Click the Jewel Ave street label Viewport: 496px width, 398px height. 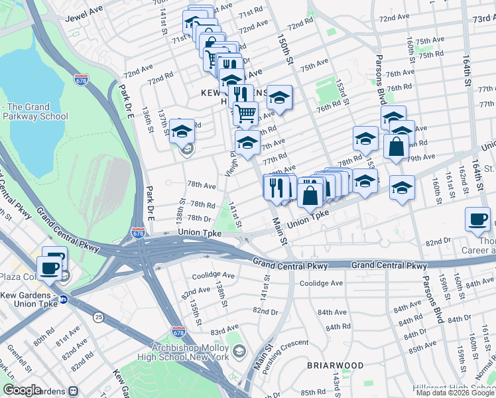84,14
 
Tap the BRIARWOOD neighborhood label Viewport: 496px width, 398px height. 335,365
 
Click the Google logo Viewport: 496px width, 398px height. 23,390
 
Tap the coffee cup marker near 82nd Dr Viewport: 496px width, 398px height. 478,220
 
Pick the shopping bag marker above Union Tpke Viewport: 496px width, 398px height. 310,196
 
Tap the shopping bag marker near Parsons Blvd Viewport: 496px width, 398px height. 396,148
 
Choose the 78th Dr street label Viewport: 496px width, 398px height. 199,218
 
